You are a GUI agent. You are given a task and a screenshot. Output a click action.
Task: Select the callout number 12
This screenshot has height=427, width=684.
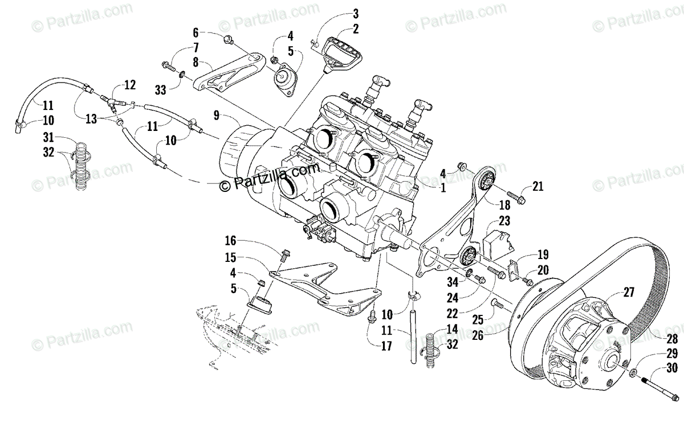point(130,85)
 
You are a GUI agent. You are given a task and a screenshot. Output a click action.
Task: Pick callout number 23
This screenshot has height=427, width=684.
point(504,221)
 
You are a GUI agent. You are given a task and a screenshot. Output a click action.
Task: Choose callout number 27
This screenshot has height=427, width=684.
point(629,293)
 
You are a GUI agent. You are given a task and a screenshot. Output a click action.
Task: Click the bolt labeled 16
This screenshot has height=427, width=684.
point(285,252)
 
